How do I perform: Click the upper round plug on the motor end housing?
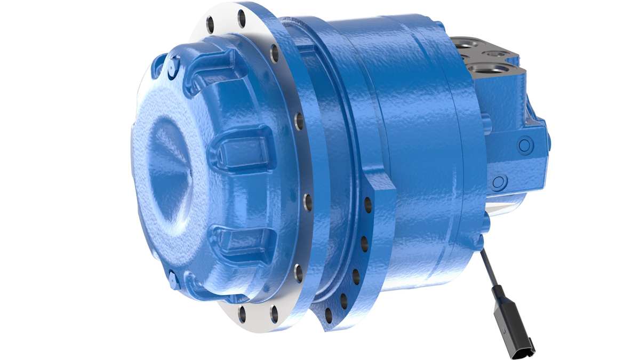525,144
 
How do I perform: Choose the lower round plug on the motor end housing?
498,182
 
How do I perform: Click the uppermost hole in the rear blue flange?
367,203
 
